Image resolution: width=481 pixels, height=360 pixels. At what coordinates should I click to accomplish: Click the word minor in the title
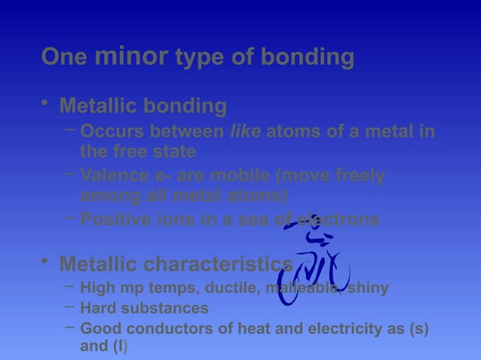click(131, 56)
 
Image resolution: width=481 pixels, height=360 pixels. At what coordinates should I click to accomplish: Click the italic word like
click(245, 132)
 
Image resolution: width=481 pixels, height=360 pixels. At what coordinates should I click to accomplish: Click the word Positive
click(113, 220)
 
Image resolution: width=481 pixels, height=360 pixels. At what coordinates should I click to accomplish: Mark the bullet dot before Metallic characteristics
click(47, 261)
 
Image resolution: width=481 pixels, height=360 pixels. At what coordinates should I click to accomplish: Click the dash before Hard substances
click(69, 305)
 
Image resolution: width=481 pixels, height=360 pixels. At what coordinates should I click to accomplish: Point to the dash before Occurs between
click(69, 129)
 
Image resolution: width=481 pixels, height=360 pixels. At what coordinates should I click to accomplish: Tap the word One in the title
click(64, 57)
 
